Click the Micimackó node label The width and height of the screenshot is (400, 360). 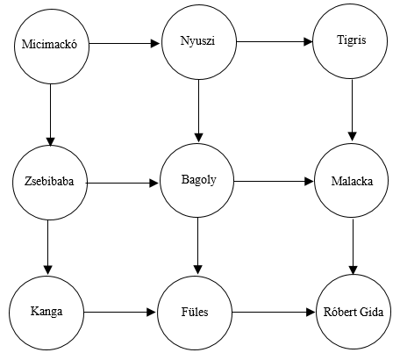click(x=49, y=44)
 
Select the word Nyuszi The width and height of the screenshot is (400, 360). click(x=197, y=40)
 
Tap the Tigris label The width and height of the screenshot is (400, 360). click(x=351, y=40)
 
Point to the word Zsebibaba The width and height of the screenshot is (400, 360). click(x=49, y=182)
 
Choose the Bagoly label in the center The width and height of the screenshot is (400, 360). click(x=199, y=180)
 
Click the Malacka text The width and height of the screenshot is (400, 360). click(x=352, y=182)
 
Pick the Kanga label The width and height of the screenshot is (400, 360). click(x=46, y=311)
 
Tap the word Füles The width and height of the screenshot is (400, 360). click(x=195, y=312)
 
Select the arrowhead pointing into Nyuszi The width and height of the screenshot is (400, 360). click(x=155, y=44)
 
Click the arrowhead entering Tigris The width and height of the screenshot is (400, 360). click(x=308, y=42)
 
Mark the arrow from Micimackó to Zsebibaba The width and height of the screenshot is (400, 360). click(x=50, y=115)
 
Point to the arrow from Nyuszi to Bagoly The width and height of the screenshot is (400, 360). click(x=199, y=111)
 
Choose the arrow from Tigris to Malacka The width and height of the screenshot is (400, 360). click(x=353, y=111)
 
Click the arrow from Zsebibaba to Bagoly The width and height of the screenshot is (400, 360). click(x=123, y=184)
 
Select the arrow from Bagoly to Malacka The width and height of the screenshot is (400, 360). click(x=274, y=182)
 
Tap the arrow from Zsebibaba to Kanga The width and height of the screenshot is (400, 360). click(x=48, y=247)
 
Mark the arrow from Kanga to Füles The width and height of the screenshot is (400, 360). click(x=120, y=313)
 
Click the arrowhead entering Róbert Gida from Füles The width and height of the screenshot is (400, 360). click(x=311, y=313)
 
